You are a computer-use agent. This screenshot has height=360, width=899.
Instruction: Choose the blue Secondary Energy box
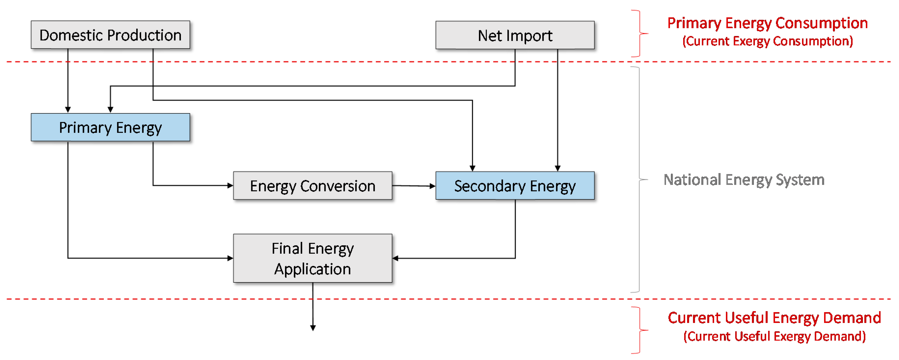tap(515, 186)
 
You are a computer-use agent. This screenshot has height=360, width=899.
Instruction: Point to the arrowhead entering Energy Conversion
tap(230, 186)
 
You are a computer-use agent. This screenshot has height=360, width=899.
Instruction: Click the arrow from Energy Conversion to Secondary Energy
tap(414, 186)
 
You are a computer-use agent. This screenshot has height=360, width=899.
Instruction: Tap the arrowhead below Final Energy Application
tap(313, 328)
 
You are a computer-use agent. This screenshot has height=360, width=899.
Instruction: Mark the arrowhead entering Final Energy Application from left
tap(230, 258)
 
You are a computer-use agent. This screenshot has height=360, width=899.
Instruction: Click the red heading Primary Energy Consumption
tap(767, 23)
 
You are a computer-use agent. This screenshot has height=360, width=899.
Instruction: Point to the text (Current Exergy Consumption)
tap(767, 41)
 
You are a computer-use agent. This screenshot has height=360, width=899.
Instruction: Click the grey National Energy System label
tap(743, 180)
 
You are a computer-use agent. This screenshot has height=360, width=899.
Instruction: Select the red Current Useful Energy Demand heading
tap(774, 318)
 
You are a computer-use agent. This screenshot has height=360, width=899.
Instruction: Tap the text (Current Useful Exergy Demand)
tap(774, 336)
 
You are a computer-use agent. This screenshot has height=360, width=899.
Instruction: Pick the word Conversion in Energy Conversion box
tap(338, 186)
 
